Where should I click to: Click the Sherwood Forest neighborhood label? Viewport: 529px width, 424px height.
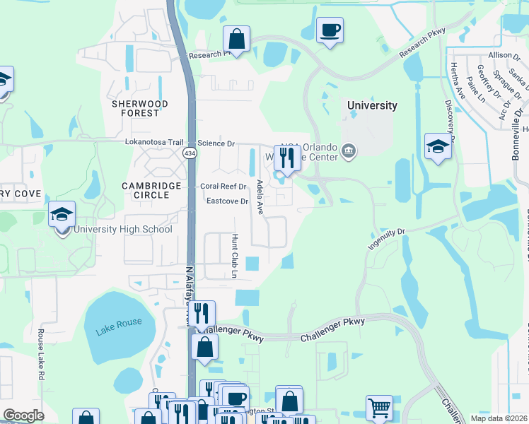[x=140, y=108]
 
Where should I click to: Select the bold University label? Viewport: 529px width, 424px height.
[x=372, y=105]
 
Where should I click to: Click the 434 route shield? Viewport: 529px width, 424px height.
[x=190, y=153]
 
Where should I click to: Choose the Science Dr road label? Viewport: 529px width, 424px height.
[x=216, y=143]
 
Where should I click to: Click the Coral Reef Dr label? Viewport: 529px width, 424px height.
[x=223, y=187]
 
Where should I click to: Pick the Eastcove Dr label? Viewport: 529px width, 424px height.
[x=227, y=201]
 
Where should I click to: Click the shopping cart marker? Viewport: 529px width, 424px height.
[x=379, y=407]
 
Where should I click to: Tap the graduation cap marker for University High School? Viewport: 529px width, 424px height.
[x=62, y=213]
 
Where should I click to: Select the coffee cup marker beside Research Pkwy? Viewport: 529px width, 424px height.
[x=330, y=30]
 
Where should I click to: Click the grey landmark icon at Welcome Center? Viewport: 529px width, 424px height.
[x=348, y=151]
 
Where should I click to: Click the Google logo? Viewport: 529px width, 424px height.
[x=23, y=416]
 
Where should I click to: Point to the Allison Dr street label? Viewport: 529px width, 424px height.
[x=504, y=55]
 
